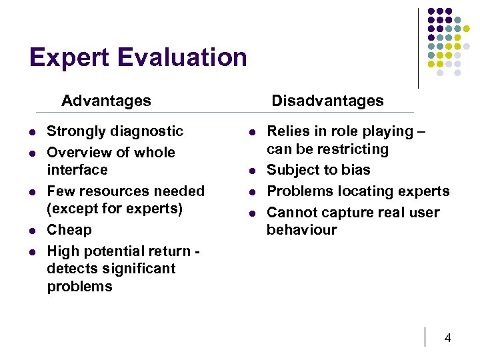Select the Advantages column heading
(x=106, y=101)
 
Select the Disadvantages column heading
(x=327, y=101)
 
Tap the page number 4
(x=448, y=338)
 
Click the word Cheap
(x=69, y=230)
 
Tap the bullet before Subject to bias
(x=252, y=171)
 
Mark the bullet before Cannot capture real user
(x=252, y=213)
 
